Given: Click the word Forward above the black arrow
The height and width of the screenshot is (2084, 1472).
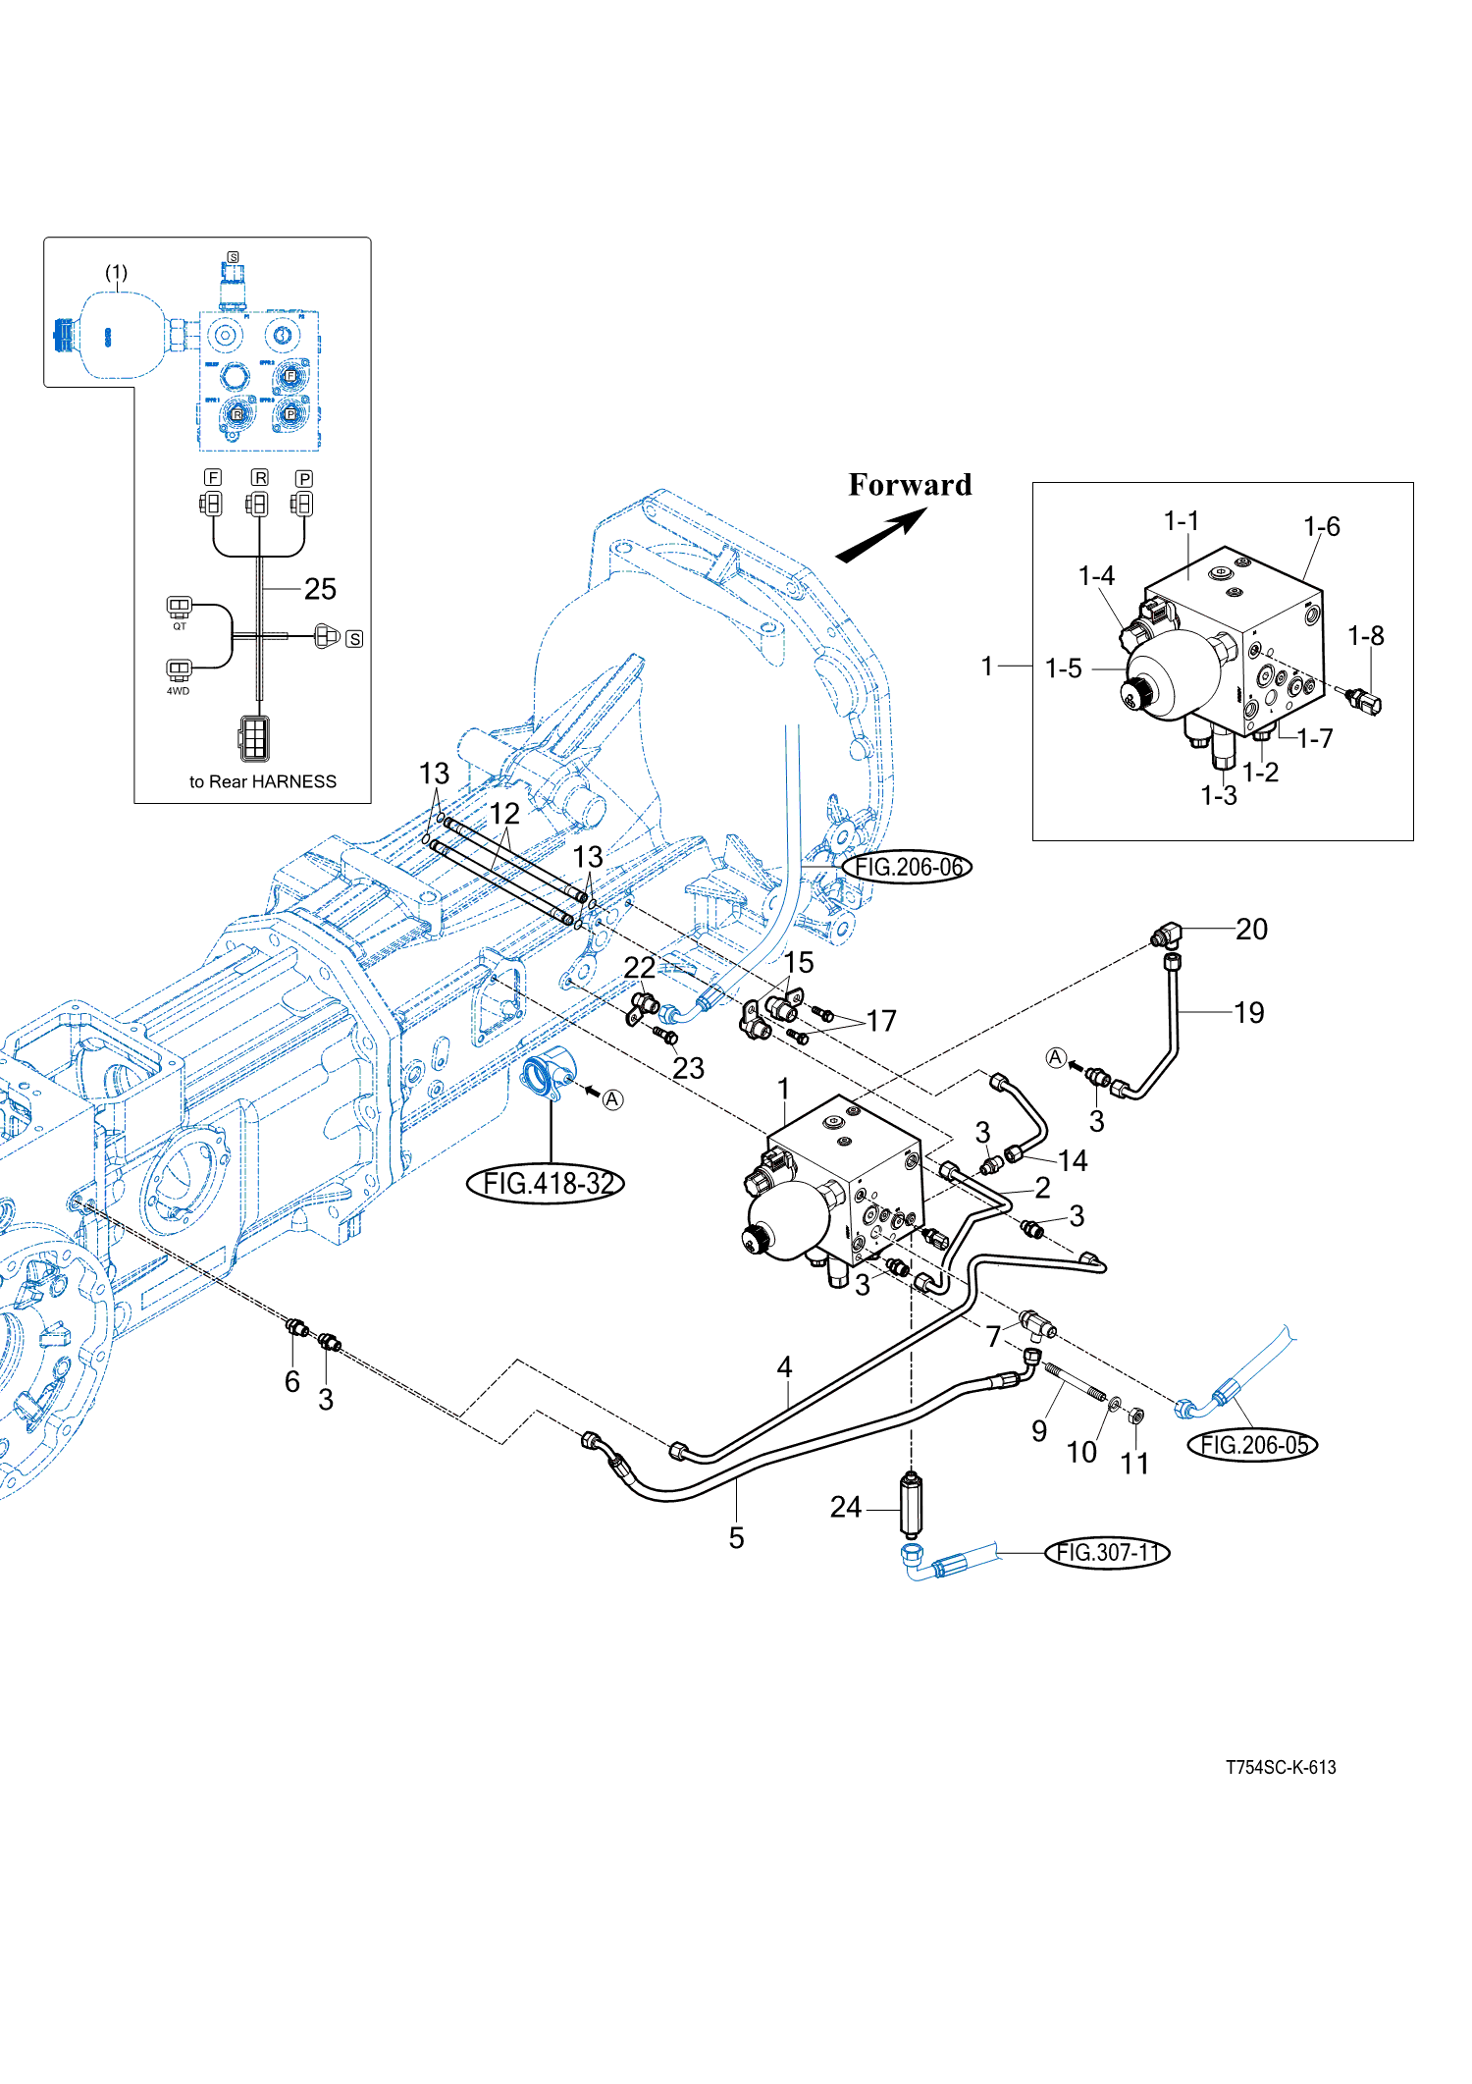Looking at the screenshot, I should tap(910, 485).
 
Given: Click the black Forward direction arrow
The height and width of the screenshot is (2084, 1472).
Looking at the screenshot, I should tap(880, 538).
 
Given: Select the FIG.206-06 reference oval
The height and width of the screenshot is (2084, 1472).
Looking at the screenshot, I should tap(908, 867).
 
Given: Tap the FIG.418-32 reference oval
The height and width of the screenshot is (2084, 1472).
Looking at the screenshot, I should tap(547, 1183).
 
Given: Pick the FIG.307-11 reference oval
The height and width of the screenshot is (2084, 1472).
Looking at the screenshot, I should tap(1108, 1552).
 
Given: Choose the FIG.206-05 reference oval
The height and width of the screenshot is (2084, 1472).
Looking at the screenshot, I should tap(1253, 1444).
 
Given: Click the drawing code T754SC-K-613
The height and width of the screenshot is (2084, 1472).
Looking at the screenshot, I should tap(1281, 1767).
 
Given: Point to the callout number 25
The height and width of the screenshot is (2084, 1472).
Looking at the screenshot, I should tap(320, 589).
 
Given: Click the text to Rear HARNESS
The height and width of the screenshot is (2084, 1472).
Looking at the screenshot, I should tap(262, 781).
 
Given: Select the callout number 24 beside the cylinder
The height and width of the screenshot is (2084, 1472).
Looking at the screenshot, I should tap(845, 1507).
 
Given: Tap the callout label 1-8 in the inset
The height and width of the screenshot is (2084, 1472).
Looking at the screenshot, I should tap(1365, 636).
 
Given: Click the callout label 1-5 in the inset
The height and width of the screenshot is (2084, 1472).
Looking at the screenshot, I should tap(1063, 668).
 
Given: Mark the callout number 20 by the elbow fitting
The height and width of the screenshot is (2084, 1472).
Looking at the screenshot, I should tap(1251, 929).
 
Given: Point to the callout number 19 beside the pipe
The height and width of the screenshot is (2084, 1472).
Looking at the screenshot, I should tap(1248, 1012).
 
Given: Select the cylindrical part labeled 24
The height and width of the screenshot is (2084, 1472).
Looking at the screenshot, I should tap(912, 1505).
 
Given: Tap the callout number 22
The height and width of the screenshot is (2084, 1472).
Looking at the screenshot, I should tap(639, 968).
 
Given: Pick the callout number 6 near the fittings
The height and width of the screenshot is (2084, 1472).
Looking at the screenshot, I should tap(291, 1381).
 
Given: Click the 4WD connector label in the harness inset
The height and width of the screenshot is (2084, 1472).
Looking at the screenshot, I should tap(178, 691).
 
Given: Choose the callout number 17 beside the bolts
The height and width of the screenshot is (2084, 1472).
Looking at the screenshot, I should tap(881, 1021).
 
